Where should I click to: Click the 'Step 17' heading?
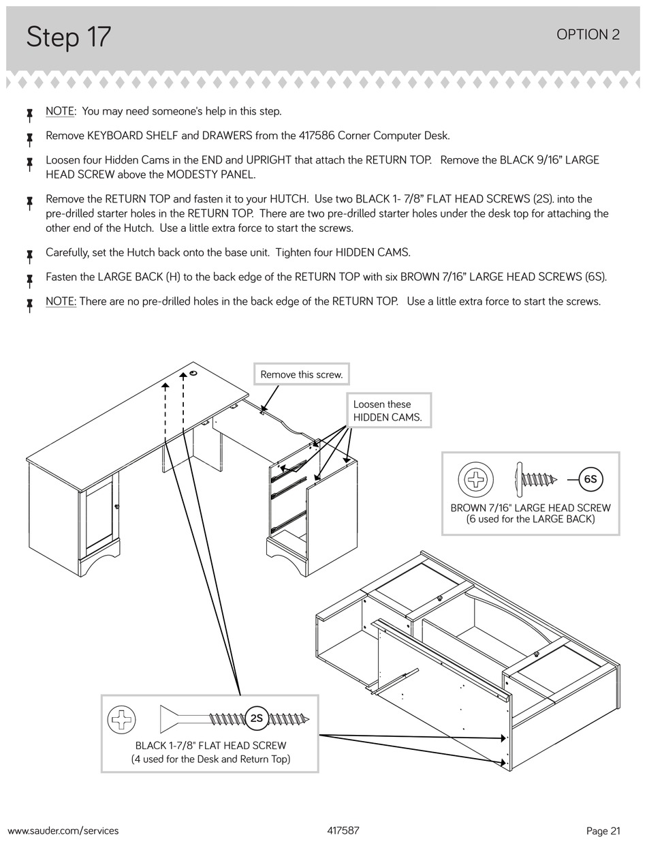click(68, 37)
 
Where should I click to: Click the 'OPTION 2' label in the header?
click(588, 35)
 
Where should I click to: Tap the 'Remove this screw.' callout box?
click(301, 374)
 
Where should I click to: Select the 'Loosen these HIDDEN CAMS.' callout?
click(388, 411)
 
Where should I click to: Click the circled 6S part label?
click(590, 479)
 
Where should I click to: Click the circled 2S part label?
click(256, 718)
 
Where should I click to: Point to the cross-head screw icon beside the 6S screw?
click(475, 479)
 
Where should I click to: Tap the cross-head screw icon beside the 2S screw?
click(123, 719)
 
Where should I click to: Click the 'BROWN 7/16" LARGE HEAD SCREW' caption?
click(531, 508)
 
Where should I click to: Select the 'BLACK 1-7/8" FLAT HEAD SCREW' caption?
click(210, 746)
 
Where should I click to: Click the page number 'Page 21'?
click(603, 830)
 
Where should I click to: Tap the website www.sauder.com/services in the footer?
click(63, 830)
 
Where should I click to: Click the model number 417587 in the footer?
click(343, 830)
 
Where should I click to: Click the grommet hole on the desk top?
click(193, 373)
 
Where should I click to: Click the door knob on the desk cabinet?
click(117, 506)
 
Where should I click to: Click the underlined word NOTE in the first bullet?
click(60, 111)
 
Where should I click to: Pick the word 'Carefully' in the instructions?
click(67, 252)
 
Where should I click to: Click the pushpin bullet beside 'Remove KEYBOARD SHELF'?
click(30, 138)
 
